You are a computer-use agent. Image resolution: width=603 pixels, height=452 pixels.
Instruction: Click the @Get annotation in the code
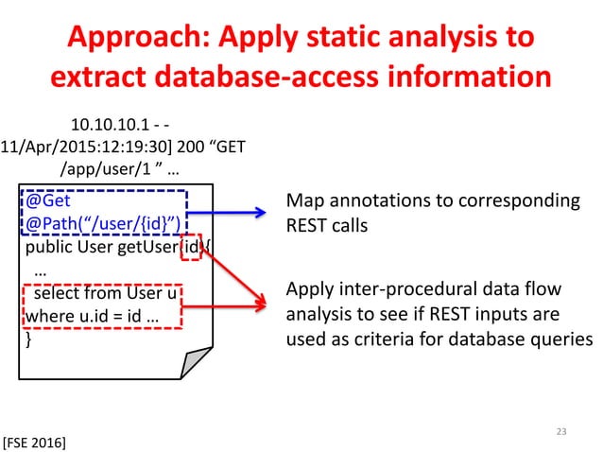click(x=47, y=202)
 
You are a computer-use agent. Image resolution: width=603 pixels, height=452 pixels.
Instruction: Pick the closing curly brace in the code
click(x=28, y=338)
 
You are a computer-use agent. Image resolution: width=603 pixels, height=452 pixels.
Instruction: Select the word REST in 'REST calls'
click(x=304, y=226)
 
